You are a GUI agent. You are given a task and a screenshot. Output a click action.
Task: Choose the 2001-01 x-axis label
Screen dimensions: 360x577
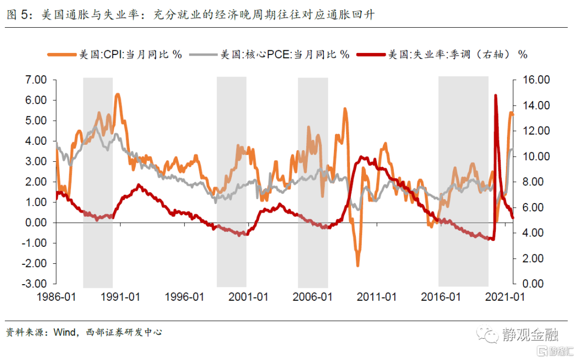(248, 297)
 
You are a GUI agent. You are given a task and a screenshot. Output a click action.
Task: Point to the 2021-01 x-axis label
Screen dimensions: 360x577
(505, 297)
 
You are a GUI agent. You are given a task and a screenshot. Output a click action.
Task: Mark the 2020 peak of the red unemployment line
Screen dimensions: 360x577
(496, 96)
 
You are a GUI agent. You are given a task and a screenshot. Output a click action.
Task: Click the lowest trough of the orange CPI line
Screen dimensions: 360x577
(357, 265)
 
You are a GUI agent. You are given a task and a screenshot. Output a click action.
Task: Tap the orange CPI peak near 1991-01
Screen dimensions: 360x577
(118, 95)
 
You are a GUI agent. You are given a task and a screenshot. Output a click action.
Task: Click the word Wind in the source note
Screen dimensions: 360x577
(64, 332)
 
